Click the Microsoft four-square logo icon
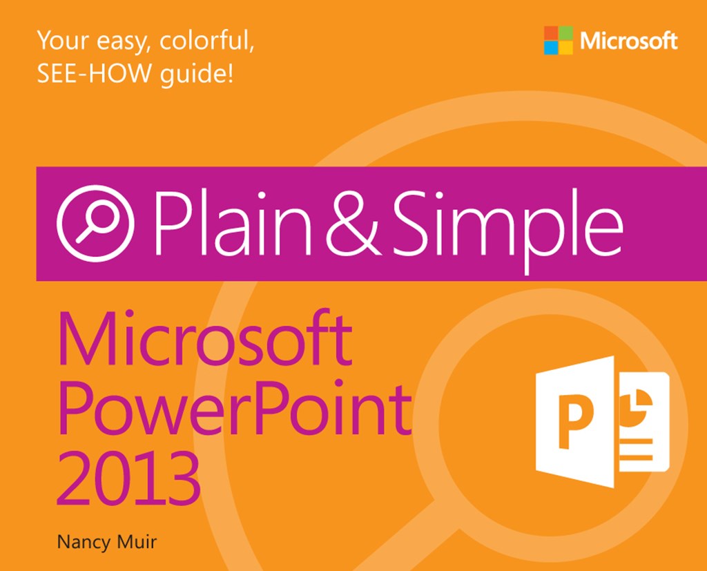click(558, 40)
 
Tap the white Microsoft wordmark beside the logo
click(628, 41)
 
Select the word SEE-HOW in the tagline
click(77, 73)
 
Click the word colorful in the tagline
click(206, 41)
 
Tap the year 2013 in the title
click(128, 476)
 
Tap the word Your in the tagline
click(61, 41)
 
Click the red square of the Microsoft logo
click(550, 32)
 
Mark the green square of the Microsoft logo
click(565, 32)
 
